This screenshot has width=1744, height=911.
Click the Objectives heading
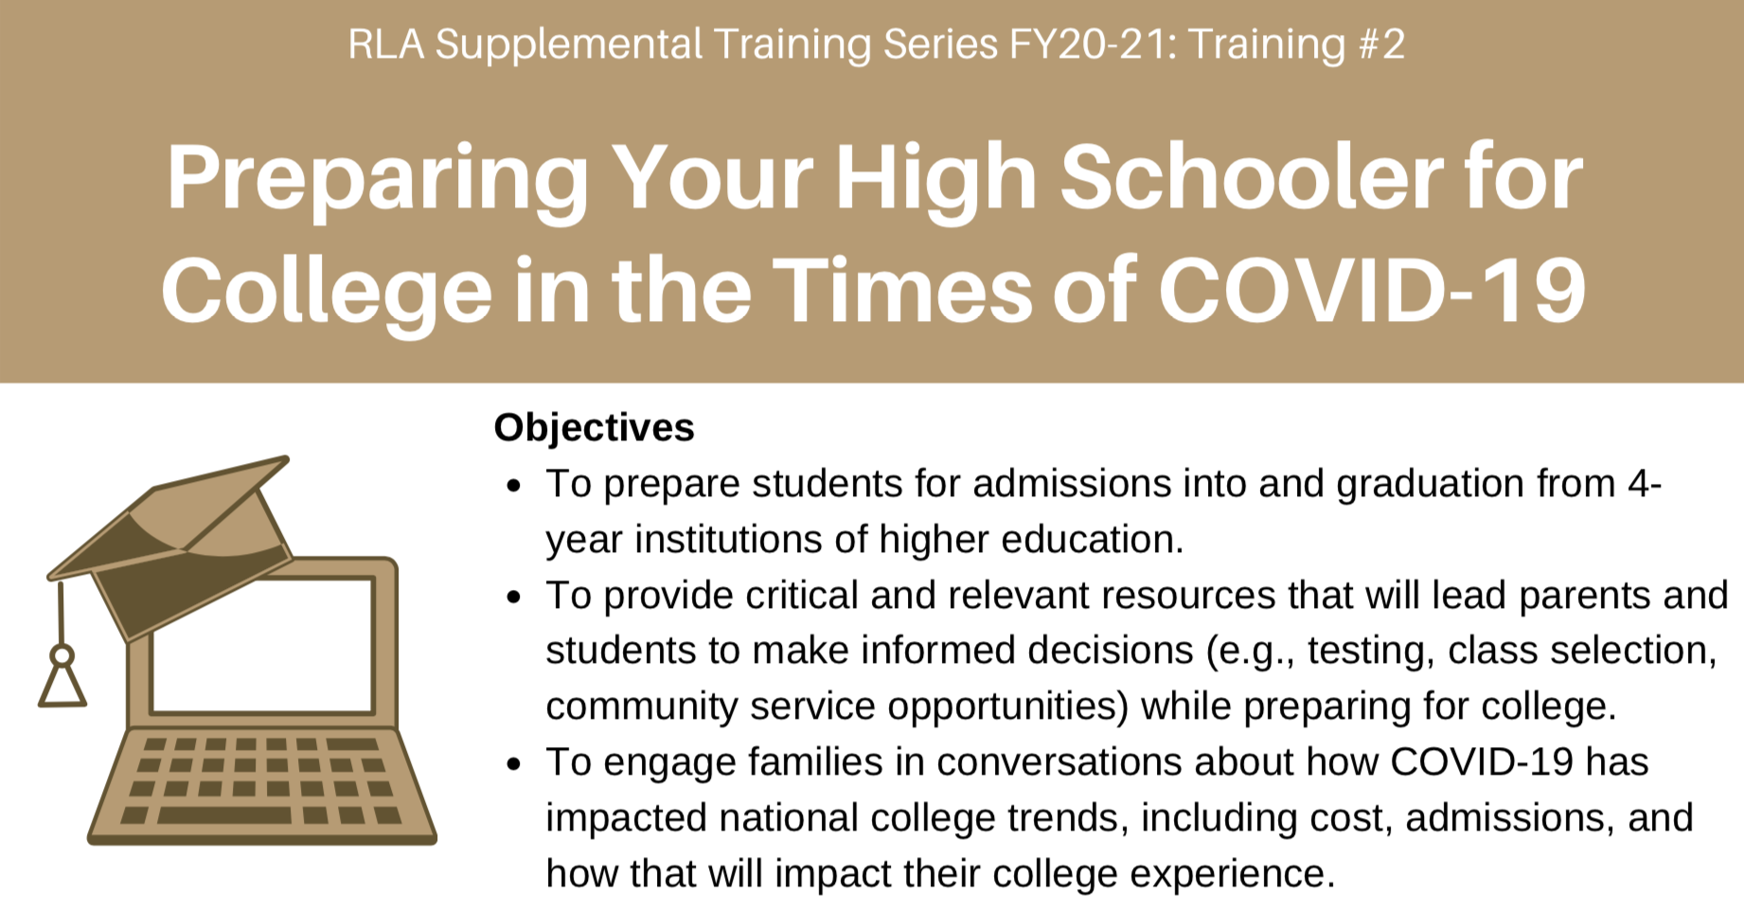[x=594, y=428]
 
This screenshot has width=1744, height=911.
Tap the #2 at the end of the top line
[x=1381, y=45]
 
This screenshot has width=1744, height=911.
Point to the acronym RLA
[x=385, y=45]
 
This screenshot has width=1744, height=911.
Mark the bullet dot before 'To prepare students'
[x=514, y=487]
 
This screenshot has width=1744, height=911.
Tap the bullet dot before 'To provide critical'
[x=514, y=598]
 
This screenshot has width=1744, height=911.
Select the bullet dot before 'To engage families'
[x=514, y=764]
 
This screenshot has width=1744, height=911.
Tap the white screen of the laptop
[x=262, y=644]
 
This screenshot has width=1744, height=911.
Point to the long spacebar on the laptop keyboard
[x=224, y=815]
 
